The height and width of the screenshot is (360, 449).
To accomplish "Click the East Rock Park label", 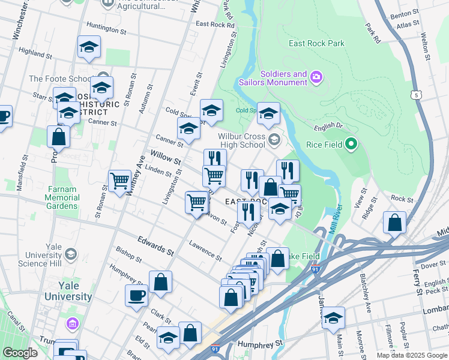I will [316, 43].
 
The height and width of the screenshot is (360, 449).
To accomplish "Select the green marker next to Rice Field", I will [352, 144].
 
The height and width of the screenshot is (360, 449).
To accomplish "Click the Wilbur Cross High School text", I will [237, 140].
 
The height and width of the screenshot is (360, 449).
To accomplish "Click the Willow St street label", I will [166, 158].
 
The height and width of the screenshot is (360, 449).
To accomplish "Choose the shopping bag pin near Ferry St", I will [395, 223].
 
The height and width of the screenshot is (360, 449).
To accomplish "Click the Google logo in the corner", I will [20, 353].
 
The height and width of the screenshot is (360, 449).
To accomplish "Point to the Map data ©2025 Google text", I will [412, 355].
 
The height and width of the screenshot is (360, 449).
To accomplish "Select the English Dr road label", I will [327, 128].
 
